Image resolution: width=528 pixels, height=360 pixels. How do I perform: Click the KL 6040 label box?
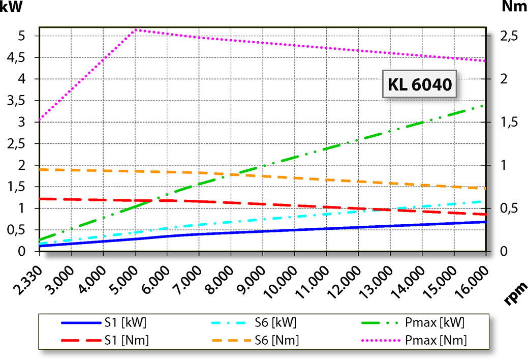419,84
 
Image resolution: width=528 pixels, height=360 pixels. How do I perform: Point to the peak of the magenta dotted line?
135,30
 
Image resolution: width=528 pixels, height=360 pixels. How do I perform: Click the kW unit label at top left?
11,7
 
